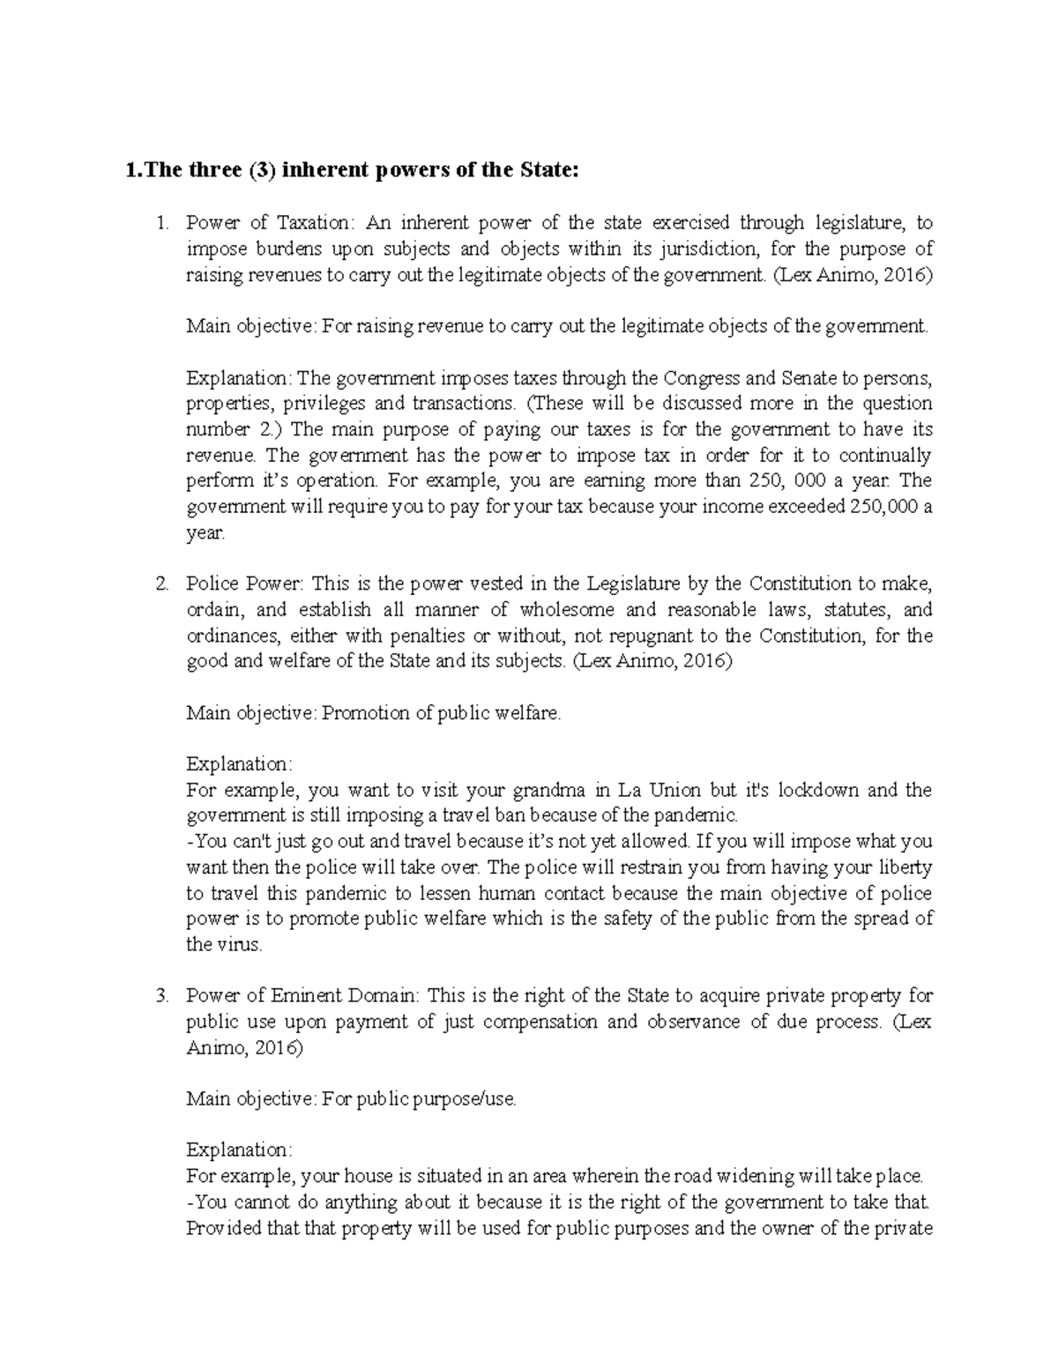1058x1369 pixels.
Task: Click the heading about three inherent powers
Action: click(x=353, y=171)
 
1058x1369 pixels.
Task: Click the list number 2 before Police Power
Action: click(x=160, y=584)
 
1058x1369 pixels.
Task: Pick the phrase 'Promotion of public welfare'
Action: click(x=441, y=713)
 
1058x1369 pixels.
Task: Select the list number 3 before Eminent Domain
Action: click(x=160, y=997)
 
